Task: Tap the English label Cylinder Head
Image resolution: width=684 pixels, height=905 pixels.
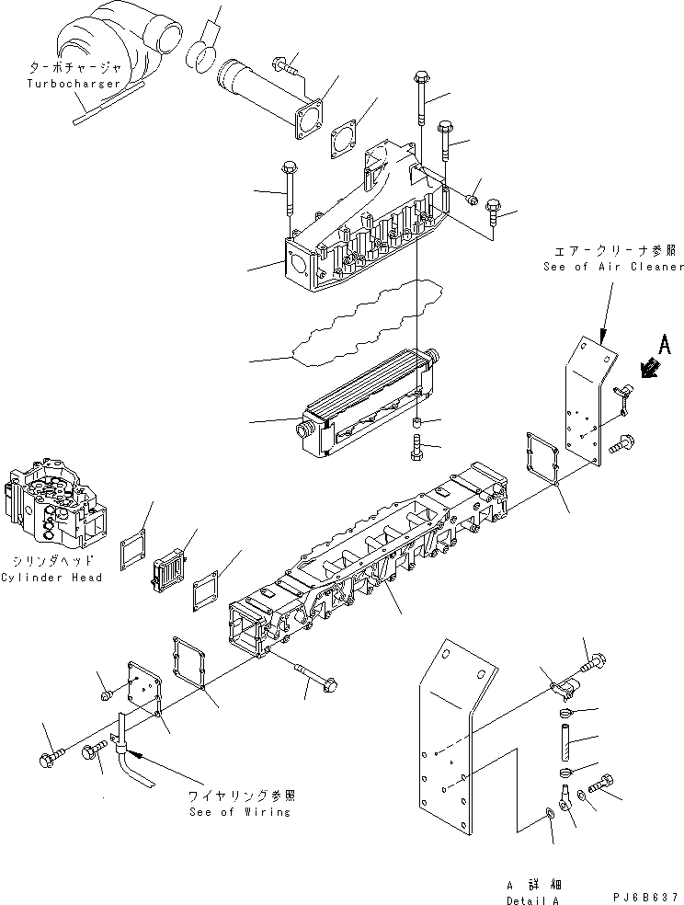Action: point(51,578)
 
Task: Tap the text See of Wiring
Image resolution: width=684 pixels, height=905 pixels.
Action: point(241,811)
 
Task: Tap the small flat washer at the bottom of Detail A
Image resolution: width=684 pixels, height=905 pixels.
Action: point(549,811)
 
